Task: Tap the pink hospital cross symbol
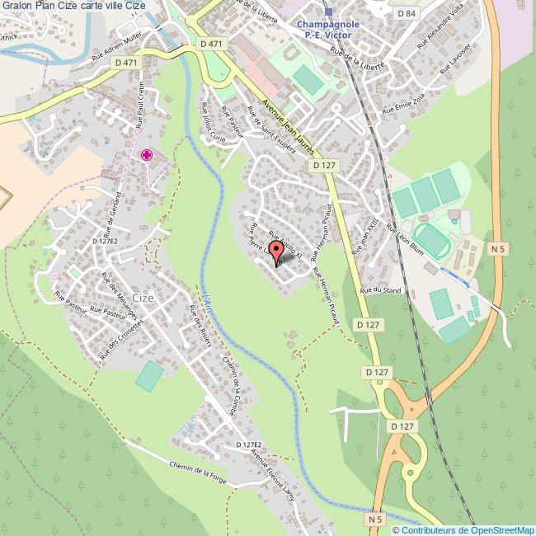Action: [x=147, y=155]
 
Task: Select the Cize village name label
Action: [x=143, y=298]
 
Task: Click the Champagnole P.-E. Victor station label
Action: [x=329, y=30]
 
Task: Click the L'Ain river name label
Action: [x=205, y=294]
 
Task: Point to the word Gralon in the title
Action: [x=17, y=6]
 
